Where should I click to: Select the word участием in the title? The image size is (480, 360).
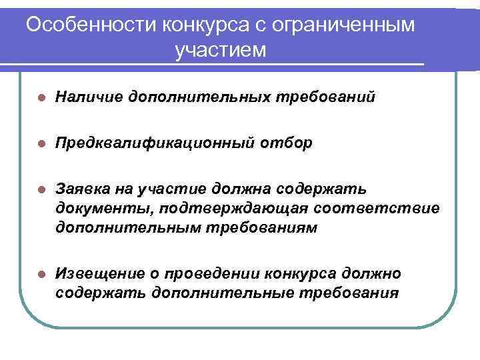click(220, 50)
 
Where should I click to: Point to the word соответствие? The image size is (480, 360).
click(377, 209)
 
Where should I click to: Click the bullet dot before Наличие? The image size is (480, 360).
click(41, 98)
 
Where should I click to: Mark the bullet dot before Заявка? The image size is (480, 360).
click(41, 190)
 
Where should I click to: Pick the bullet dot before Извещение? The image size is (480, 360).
click(41, 274)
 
